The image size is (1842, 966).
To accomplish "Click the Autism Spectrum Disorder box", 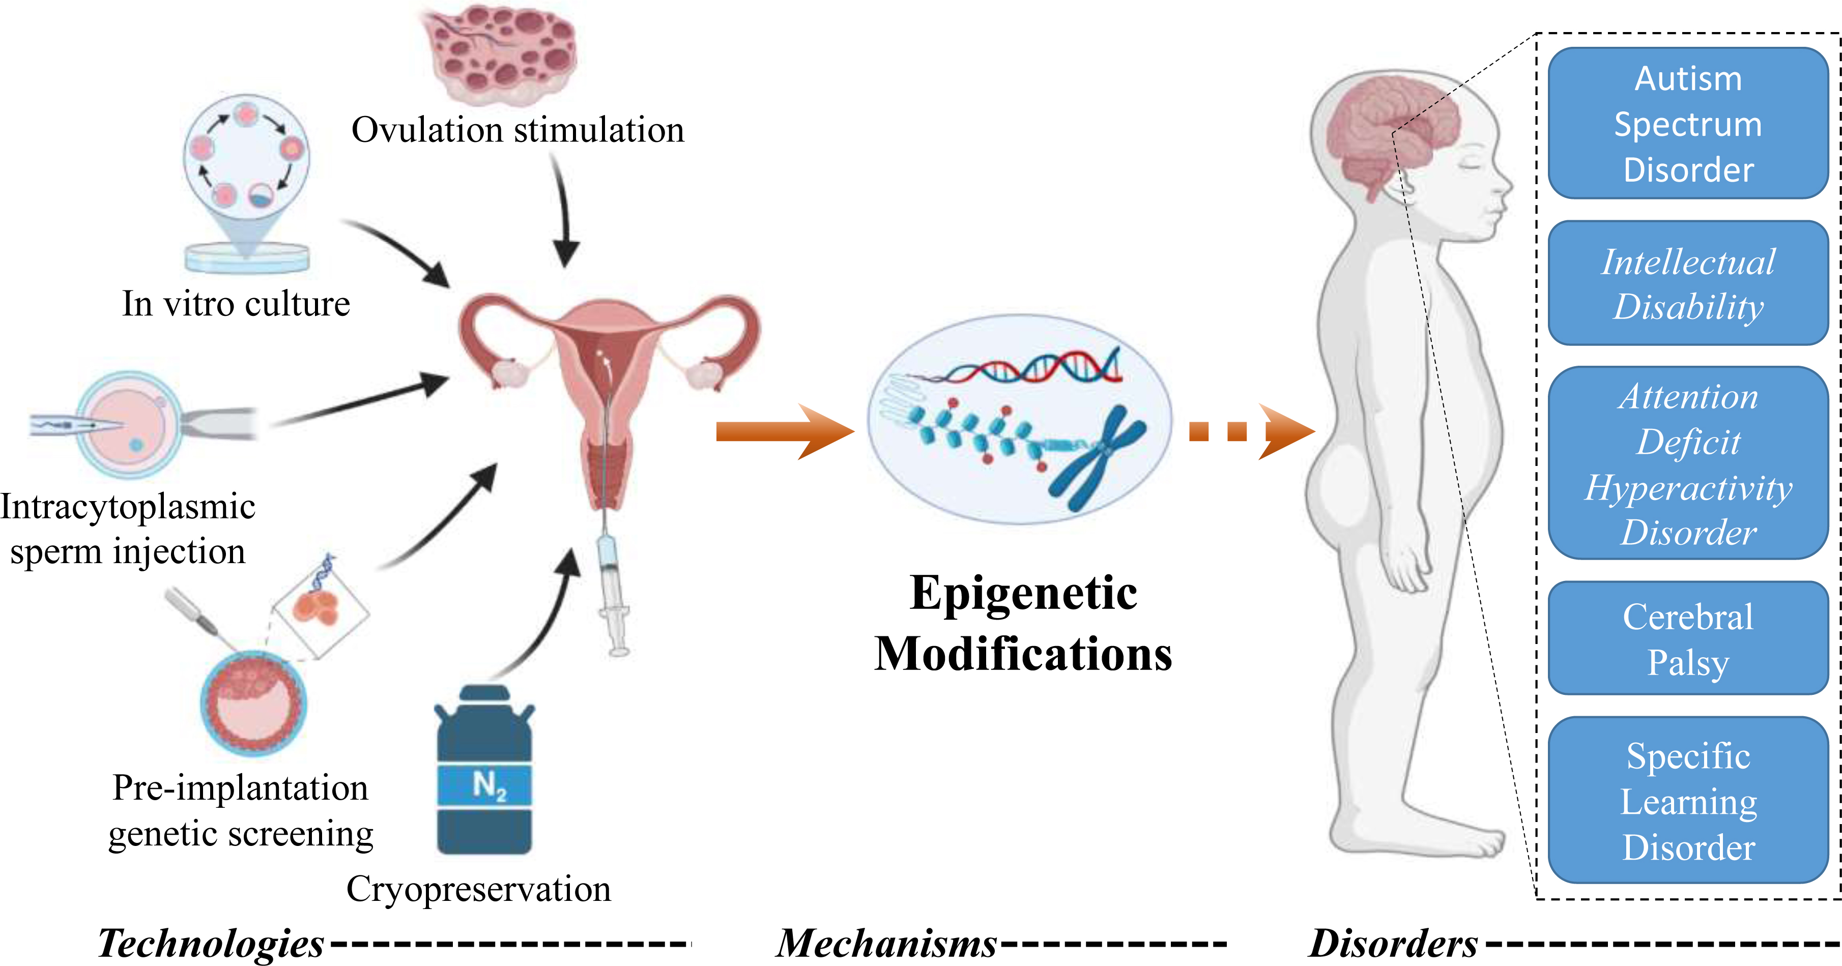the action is [x=1688, y=123].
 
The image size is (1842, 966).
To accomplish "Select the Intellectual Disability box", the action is [x=1688, y=283].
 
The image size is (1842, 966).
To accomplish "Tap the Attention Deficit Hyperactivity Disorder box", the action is [x=1688, y=462].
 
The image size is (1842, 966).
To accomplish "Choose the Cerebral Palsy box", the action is [x=1688, y=638].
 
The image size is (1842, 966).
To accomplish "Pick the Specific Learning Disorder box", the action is [x=1688, y=800].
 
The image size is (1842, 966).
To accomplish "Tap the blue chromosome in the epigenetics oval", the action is [x=1097, y=458].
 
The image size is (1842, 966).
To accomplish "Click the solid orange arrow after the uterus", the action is [x=785, y=431].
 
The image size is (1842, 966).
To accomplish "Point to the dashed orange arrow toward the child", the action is [x=1251, y=431].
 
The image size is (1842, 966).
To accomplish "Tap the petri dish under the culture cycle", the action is [x=247, y=257].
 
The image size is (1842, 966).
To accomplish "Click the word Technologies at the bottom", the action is [x=211, y=943].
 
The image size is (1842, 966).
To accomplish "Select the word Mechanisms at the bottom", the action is [x=887, y=943].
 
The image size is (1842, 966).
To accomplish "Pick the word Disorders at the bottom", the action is [x=1393, y=943].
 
